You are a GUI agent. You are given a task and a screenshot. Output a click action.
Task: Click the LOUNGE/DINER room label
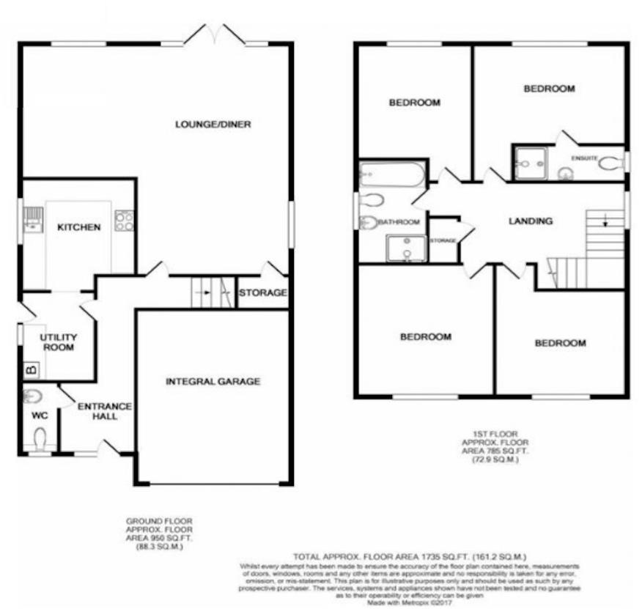(213, 125)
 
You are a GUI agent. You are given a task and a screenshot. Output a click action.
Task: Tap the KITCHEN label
(79, 227)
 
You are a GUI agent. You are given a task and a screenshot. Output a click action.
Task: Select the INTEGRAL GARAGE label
(213, 381)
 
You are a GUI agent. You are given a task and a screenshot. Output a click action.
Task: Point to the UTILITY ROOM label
(58, 342)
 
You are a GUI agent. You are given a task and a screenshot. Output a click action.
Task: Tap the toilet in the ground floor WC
(40, 438)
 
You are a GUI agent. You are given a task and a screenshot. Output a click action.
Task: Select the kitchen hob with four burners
(124, 221)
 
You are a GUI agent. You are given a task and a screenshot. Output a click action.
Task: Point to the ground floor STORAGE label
(262, 293)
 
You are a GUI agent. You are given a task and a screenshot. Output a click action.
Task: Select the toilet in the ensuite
(610, 164)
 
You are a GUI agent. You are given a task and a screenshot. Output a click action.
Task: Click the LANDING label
(530, 221)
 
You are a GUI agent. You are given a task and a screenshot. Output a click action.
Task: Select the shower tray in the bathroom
(405, 248)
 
